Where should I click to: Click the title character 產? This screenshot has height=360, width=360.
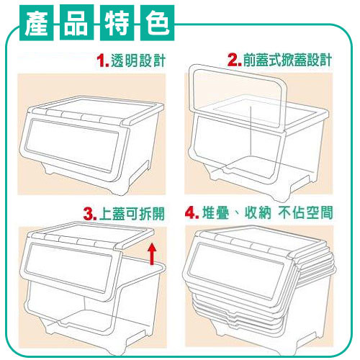[36, 23]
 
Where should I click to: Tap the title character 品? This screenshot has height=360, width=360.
[76, 23]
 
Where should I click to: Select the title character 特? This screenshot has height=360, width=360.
[117, 23]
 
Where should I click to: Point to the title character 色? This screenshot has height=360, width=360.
[158, 23]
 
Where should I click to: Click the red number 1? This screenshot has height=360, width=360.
[103, 61]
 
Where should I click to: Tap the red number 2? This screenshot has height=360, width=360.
[235, 60]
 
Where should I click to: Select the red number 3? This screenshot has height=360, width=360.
[90, 215]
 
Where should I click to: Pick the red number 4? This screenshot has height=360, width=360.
[192, 213]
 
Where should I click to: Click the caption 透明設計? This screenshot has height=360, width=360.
[138, 60]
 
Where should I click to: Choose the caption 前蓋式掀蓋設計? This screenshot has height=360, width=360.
[287, 60]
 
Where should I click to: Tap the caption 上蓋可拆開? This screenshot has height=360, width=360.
[132, 214]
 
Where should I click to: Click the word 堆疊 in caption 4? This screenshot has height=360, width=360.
[215, 212]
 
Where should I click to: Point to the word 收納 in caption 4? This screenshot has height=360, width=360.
[258, 212]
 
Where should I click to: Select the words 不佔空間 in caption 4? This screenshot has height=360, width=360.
[306, 212]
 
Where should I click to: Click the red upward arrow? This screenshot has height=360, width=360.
[152, 254]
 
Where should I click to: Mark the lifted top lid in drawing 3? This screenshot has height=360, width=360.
[91, 236]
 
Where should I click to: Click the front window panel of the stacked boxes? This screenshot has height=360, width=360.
[236, 272]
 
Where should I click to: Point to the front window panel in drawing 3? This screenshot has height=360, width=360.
[68, 268]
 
